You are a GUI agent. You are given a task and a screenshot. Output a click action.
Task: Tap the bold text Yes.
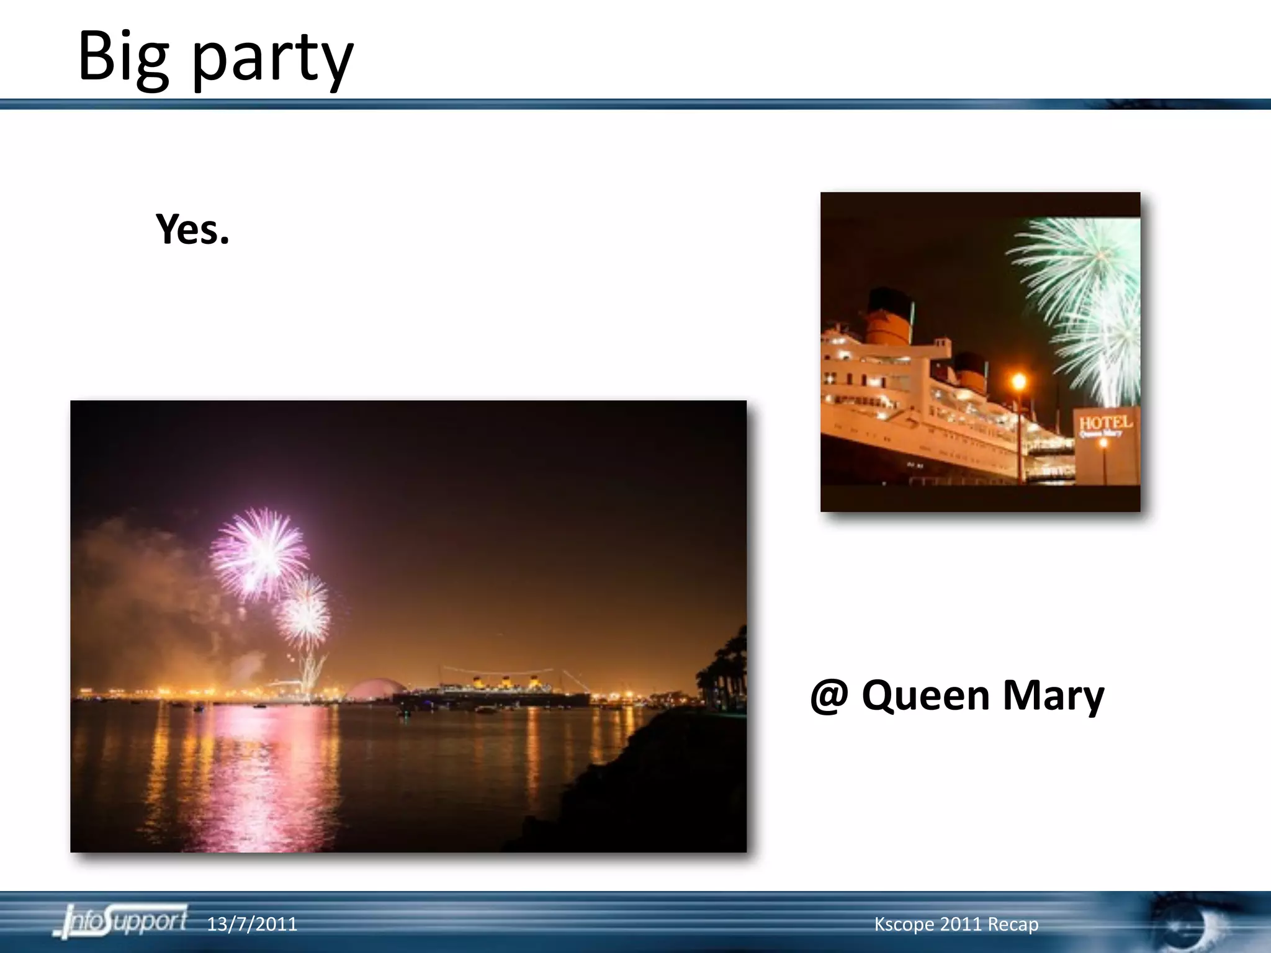(192, 229)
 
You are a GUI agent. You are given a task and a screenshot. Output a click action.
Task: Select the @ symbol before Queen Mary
(829, 696)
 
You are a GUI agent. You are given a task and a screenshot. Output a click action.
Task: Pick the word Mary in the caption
(1053, 697)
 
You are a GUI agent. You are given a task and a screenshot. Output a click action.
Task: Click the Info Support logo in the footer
(122, 921)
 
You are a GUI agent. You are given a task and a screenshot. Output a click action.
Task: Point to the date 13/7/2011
(251, 924)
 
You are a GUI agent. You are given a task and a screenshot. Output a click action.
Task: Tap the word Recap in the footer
(1013, 924)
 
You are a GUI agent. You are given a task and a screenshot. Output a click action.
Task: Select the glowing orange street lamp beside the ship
(1018, 381)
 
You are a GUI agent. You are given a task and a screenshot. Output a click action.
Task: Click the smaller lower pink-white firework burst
(304, 611)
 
